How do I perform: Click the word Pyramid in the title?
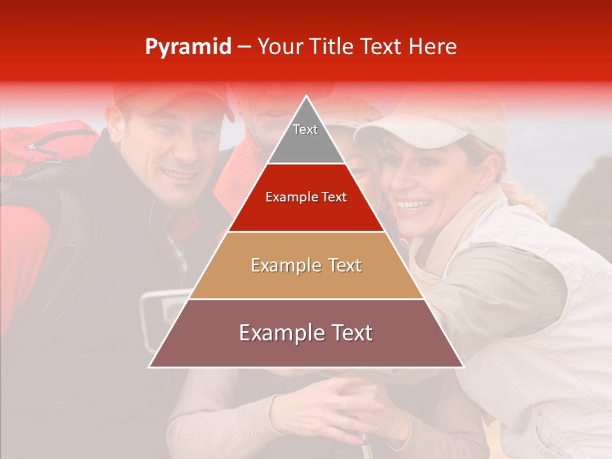[x=187, y=47]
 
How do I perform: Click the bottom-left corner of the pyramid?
[x=150, y=367]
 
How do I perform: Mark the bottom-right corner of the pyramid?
[x=463, y=367]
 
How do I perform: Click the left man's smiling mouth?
[x=179, y=173]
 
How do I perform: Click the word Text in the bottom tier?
[x=347, y=333]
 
